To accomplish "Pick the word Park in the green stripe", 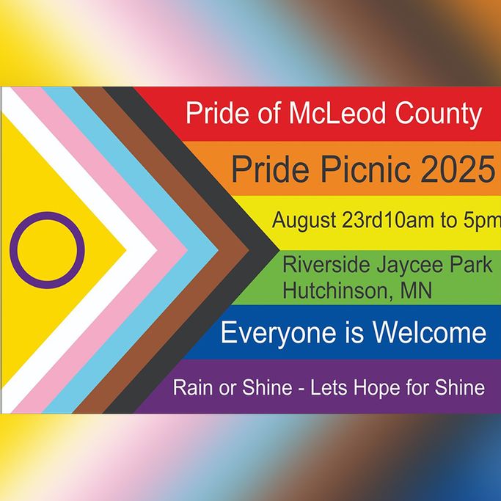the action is [471, 265].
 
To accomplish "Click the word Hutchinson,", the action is [337, 290].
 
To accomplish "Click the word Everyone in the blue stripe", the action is [278, 334].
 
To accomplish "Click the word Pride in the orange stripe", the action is [271, 169].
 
